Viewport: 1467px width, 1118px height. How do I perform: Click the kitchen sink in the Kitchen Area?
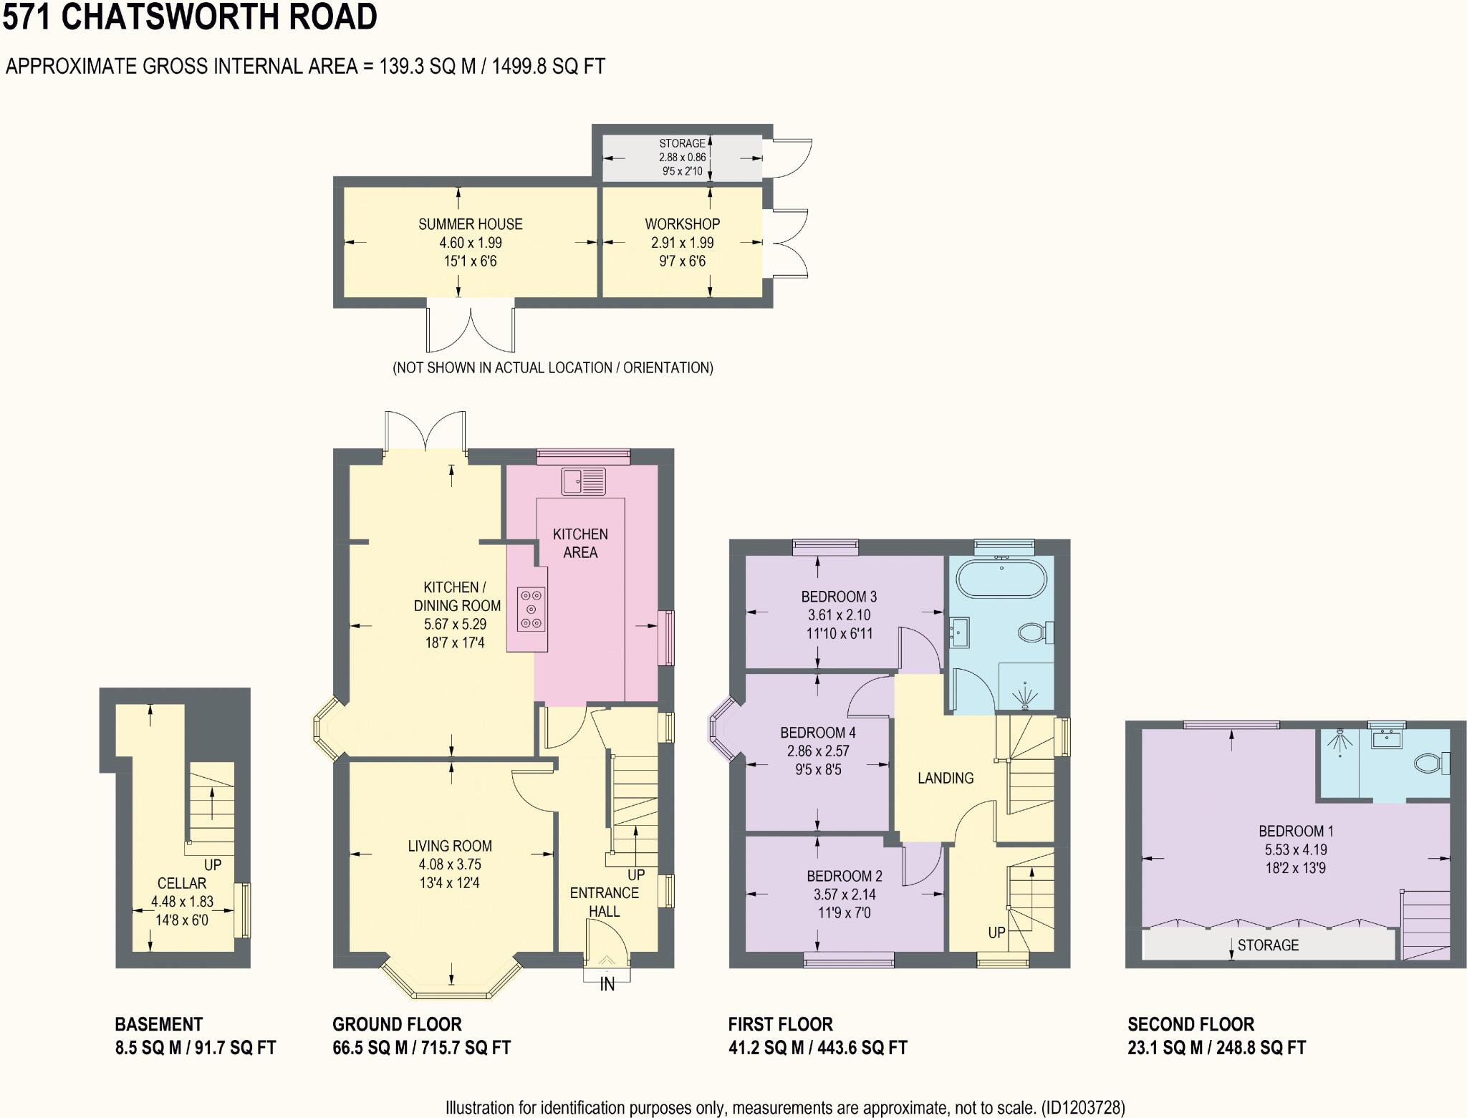pyautogui.click(x=583, y=481)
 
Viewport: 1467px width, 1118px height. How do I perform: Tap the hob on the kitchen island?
pyautogui.click(x=531, y=609)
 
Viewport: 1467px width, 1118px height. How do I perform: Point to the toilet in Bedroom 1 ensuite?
pyautogui.click(x=1432, y=763)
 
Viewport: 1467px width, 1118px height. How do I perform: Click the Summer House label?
pyautogui.click(x=470, y=224)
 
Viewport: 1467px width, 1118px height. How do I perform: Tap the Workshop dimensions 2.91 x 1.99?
pyautogui.click(x=682, y=243)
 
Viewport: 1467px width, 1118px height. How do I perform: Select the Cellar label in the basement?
pyautogui.click(x=182, y=883)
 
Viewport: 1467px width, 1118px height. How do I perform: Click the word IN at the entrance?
pyautogui.click(x=607, y=985)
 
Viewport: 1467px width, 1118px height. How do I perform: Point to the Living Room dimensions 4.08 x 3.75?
pyautogui.click(x=449, y=864)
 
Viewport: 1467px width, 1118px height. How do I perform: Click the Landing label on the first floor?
pyautogui.click(x=946, y=778)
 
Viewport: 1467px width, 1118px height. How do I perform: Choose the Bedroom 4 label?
pyautogui.click(x=818, y=733)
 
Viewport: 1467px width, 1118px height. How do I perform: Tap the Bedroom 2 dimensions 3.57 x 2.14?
pyautogui.click(x=844, y=895)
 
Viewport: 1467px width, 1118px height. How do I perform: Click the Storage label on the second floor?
pyautogui.click(x=1268, y=945)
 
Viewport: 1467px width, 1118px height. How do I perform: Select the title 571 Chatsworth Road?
pyautogui.click(x=190, y=17)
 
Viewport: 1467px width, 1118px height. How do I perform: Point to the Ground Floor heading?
pyautogui.click(x=397, y=1024)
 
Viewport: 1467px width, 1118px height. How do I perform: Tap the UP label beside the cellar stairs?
pyautogui.click(x=213, y=864)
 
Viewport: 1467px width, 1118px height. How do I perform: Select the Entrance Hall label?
pyautogui.click(x=604, y=902)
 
